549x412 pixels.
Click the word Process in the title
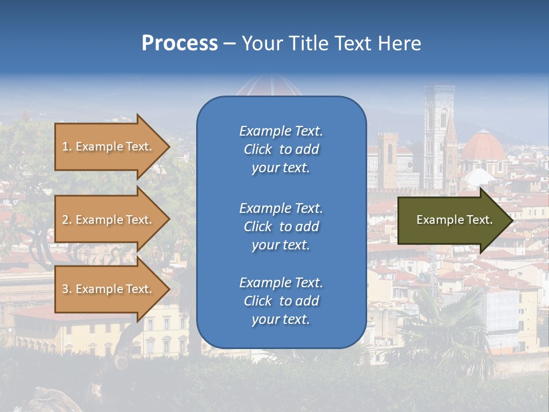(180, 43)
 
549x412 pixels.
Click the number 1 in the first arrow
(65, 146)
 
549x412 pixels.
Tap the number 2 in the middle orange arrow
(65, 220)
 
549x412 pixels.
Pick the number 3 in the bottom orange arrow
(65, 289)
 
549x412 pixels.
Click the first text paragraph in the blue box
(281, 149)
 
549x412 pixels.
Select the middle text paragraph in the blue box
(281, 227)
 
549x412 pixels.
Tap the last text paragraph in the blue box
(281, 301)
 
